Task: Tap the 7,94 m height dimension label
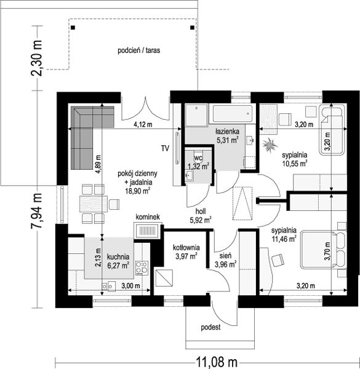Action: (x=36, y=210)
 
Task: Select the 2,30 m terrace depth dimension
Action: (x=36, y=58)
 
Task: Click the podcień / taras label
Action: (x=139, y=50)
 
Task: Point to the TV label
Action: (x=166, y=148)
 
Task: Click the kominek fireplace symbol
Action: (x=148, y=230)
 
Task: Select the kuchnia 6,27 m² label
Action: (x=118, y=261)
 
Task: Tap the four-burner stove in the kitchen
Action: (x=142, y=268)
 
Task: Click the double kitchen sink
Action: (x=108, y=286)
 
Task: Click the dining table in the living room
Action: (x=94, y=204)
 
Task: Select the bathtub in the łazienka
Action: (x=233, y=114)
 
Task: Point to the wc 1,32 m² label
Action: (x=199, y=162)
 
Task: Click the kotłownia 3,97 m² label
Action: (x=186, y=252)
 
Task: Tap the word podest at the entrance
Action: (x=210, y=327)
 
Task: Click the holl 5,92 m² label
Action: (x=201, y=216)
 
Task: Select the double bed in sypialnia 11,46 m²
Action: (x=324, y=250)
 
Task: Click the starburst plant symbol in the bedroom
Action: (x=269, y=145)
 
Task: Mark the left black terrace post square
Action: (x=73, y=28)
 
